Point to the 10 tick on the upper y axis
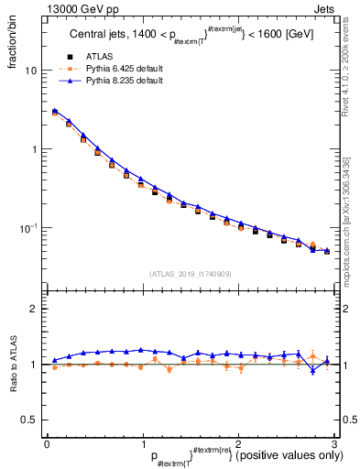pos(31,71)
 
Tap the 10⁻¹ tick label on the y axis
pos(27,226)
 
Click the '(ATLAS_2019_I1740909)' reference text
pos(191,274)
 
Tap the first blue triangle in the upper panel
pos(55,111)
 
